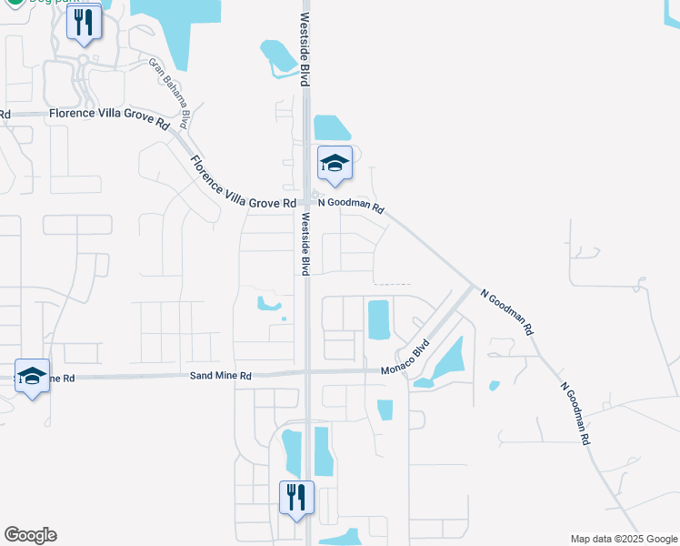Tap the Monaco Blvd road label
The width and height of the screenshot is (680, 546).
coord(412,354)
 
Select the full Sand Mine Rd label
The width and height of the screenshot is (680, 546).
coord(220,375)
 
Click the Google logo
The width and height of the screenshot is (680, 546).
coord(30,535)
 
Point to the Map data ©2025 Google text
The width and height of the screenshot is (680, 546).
coord(624,539)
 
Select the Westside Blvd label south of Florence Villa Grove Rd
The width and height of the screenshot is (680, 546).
coord(305,244)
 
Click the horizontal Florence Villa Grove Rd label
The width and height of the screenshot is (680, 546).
coord(109,116)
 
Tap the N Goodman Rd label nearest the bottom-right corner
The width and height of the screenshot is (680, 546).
coord(575,413)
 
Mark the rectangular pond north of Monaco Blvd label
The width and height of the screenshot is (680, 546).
coord(378,318)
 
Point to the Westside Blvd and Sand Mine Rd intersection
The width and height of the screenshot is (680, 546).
coord(307,371)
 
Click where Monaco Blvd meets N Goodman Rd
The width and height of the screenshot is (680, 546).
coord(472,288)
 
